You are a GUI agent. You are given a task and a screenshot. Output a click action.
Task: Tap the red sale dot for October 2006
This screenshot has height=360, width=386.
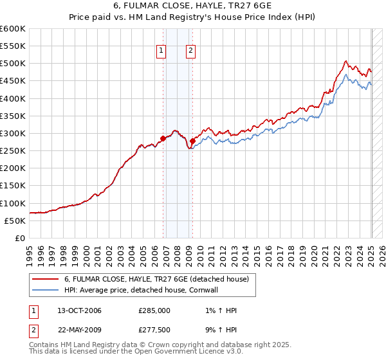163,138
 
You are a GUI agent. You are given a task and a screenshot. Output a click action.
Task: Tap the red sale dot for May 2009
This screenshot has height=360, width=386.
192,141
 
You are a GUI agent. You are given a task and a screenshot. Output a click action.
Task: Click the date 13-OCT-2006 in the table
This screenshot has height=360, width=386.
79,310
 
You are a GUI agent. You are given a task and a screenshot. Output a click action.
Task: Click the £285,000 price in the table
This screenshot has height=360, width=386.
154,310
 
